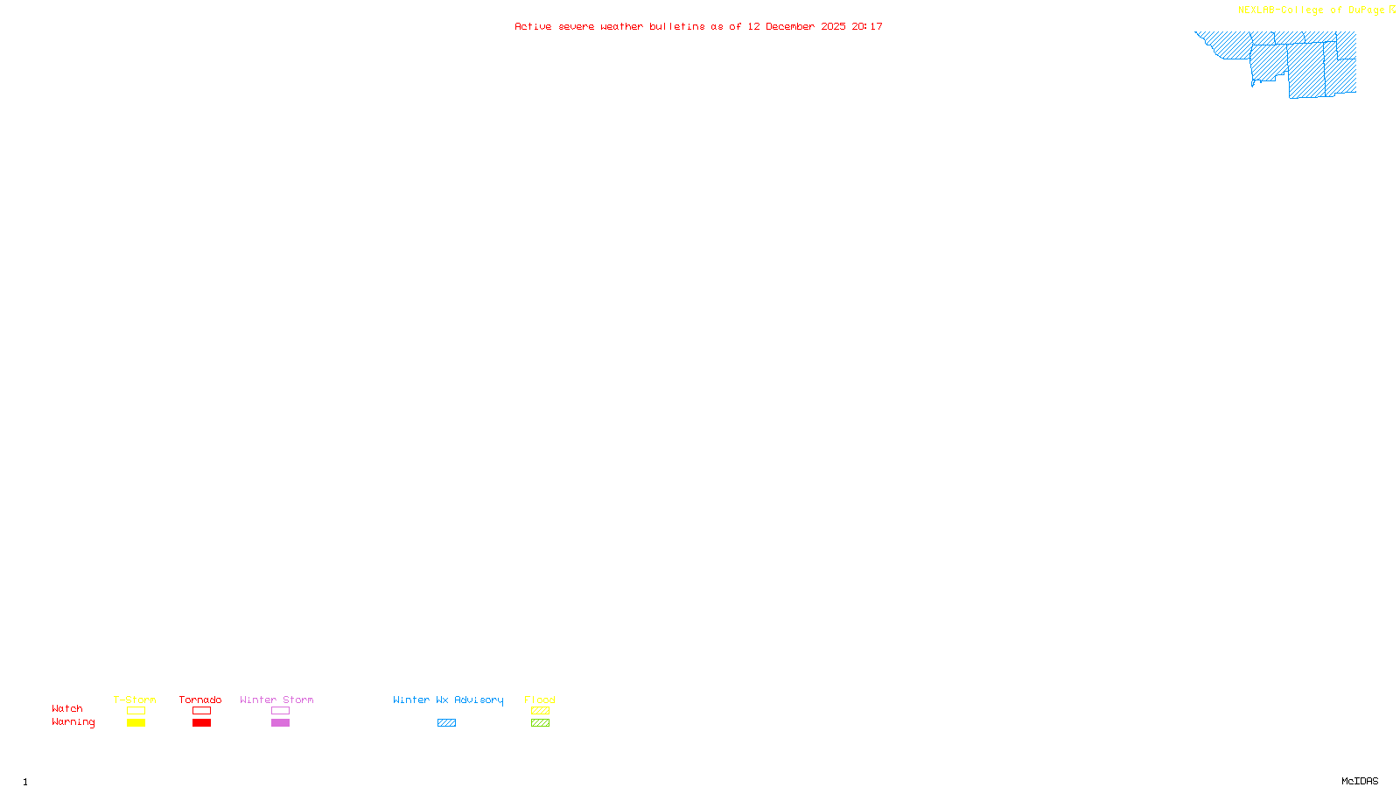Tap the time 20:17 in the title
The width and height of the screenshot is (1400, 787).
867,27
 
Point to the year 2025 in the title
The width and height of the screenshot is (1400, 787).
833,27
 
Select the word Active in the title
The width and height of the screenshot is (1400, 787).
533,27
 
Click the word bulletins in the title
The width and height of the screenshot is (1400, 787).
677,27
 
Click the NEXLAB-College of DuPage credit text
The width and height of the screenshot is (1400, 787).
1311,10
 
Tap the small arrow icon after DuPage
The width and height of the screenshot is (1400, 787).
1392,10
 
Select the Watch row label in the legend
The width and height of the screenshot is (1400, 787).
67,709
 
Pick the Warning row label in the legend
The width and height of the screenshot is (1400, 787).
73,722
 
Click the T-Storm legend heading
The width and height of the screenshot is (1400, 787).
135,700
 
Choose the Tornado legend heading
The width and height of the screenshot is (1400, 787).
200,700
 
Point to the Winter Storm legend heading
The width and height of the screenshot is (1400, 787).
276,700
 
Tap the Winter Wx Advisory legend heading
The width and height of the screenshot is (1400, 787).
448,700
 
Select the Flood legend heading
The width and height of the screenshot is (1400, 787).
540,700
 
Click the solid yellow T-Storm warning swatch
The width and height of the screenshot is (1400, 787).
136,723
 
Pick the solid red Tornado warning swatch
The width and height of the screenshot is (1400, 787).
202,723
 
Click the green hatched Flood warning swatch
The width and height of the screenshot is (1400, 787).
540,723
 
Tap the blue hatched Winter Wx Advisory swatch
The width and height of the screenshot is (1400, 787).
446,723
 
